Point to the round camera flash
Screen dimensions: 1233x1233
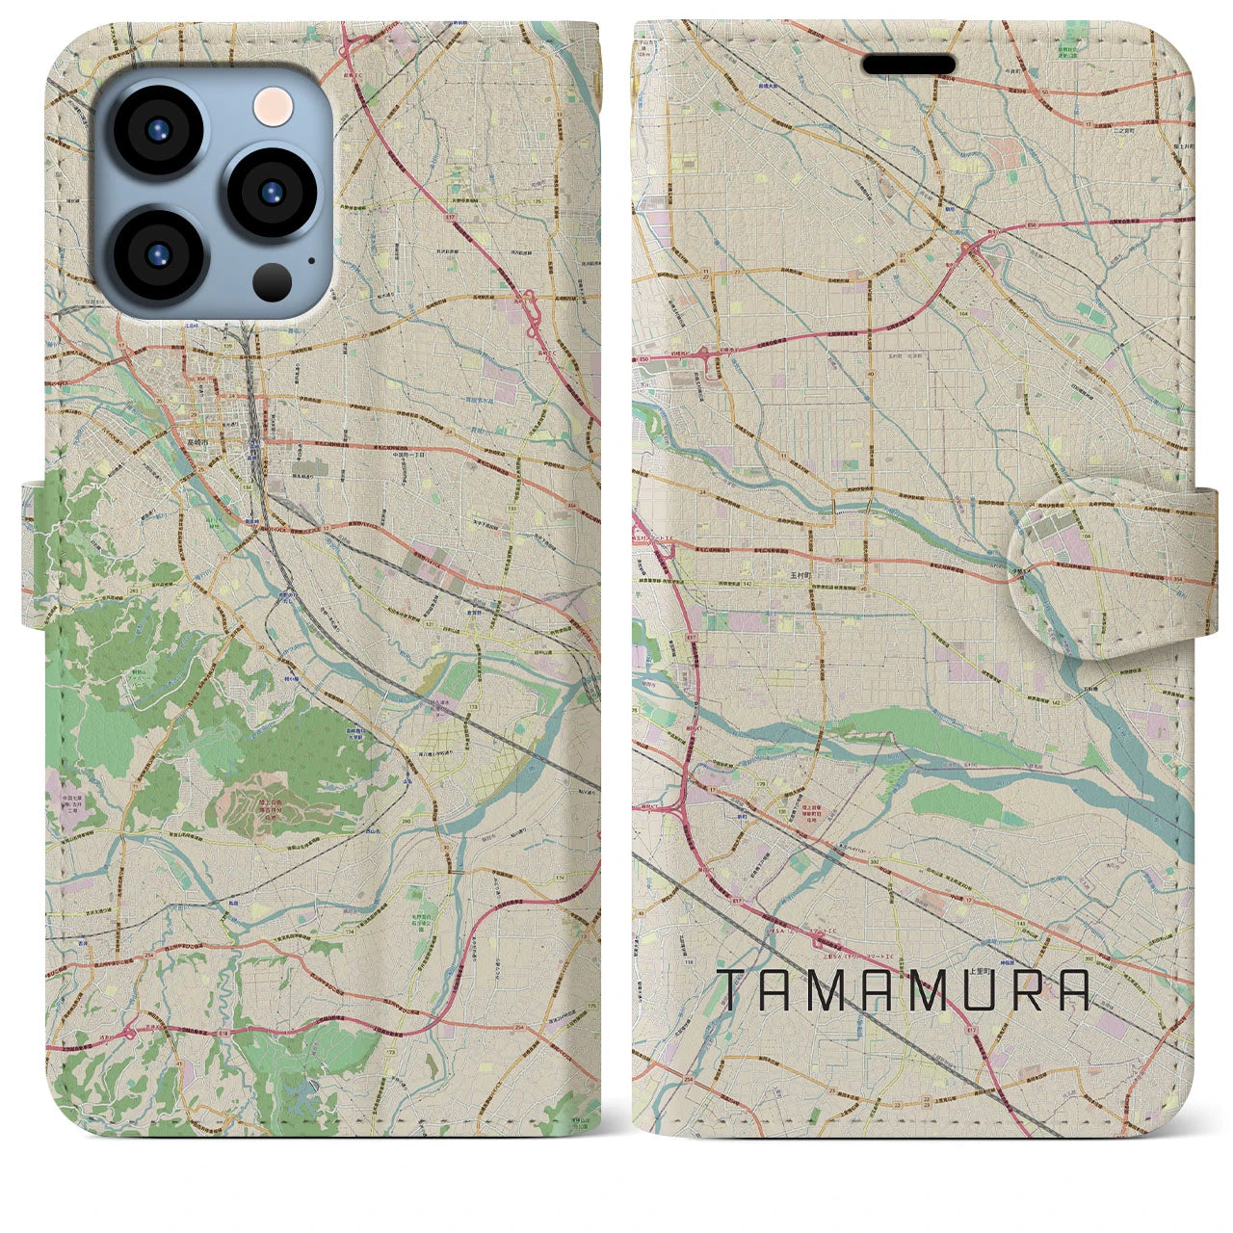(274, 102)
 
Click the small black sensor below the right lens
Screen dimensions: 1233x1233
(273, 281)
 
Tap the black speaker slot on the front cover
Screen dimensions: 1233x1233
(908, 65)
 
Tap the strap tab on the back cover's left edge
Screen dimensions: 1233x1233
(34, 554)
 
